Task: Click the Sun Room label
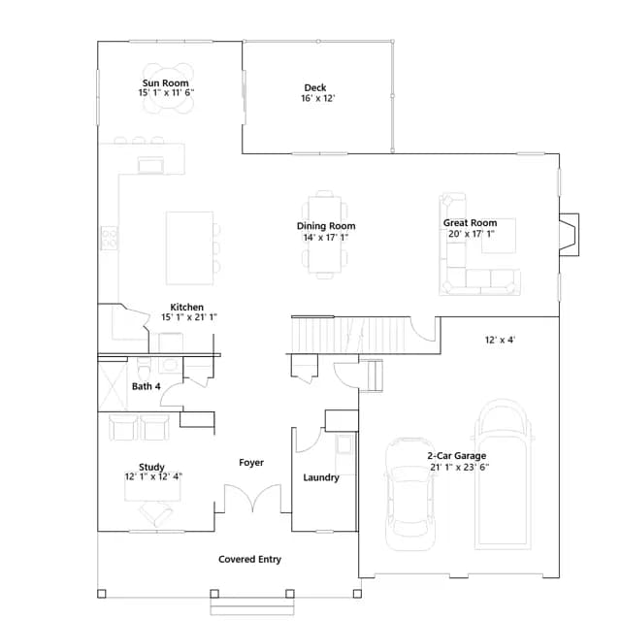[166, 83]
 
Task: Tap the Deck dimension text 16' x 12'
[318, 98]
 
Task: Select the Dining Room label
[326, 226]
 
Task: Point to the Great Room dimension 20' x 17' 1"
[472, 234]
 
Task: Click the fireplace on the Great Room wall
[570, 235]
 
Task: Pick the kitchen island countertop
[190, 248]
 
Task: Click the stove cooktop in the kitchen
[110, 238]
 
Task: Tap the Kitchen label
[187, 307]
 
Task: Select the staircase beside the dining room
[350, 335]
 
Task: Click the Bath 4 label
[147, 386]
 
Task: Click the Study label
[151, 467]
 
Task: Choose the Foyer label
[251, 462]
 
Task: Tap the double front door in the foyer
[252, 498]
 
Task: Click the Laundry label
[321, 477]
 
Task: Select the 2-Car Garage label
[457, 456]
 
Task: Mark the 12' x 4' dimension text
[500, 340]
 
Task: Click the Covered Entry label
[250, 559]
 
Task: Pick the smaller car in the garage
[409, 494]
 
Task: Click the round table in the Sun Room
[168, 88]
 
